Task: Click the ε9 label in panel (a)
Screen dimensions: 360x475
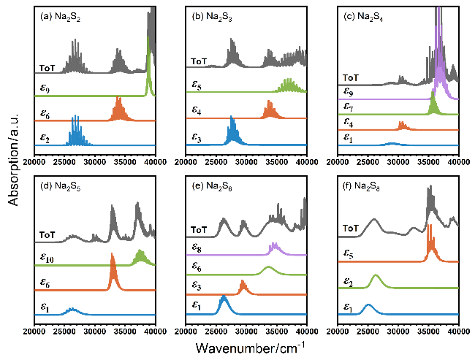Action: (x=45, y=91)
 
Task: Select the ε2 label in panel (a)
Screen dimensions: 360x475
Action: (x=45, y=137)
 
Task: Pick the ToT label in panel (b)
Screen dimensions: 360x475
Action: (x=199, y=61)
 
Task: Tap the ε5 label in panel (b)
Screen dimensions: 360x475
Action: (x=197, y=88)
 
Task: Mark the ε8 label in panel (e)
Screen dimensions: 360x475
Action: (x=197, y=248)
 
